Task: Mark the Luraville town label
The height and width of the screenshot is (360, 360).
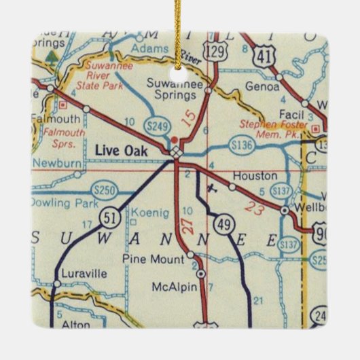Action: [x=84, y=274]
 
